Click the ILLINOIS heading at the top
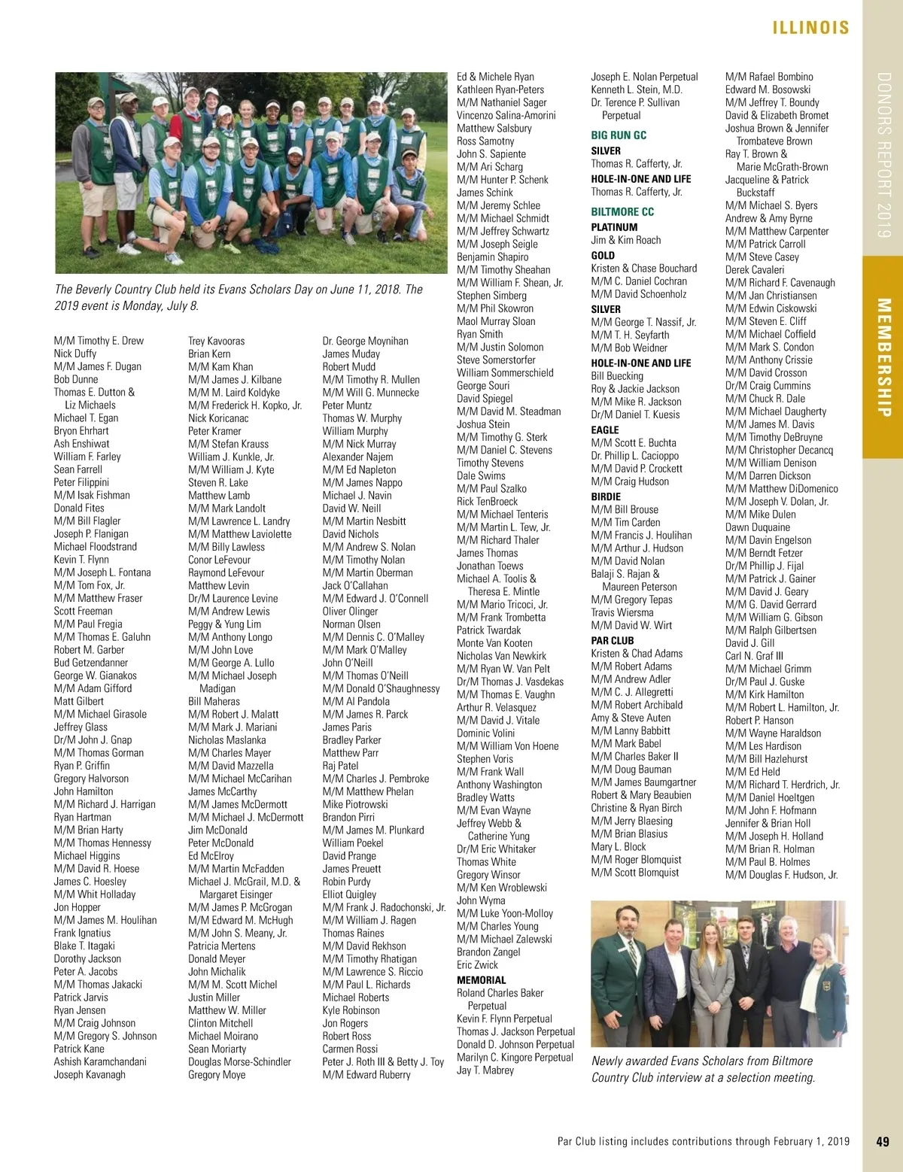pyautogui.click(x=810, y=28)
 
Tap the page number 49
pyautogui.click(x=883, y=1141)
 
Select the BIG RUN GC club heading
pyautogui.click(x=619, y=135)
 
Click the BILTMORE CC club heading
pyautogui.click(x=622, y=212)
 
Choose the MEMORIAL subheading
pyautogui.click(x=481, y=980)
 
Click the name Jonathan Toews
pyautogui.click(x=490, y=566)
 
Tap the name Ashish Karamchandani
pyautogui.click(x=100, y=1061)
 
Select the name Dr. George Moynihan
pyautogui.click(x=365, y=341)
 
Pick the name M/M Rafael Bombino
pyautogui.click(x=769, y=77)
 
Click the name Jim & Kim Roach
pyautogui.click(x=626, y=240)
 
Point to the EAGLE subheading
pyautogui.click(x=605, y=430)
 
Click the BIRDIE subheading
pyautogui.click(x=606, y=496)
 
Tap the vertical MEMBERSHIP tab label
pyautogui.click(x=883, y=357)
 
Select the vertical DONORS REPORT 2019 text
pyautogui.click(x=883, y=155)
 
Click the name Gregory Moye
pyautogui.click(x=217, y=1074)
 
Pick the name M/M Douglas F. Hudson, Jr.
pyautogui.click(x=781, y=875)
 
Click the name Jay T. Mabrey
pyautogui.click(x=485, y=1070)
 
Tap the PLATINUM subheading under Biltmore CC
pyautogui.click(x=614, y=227)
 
